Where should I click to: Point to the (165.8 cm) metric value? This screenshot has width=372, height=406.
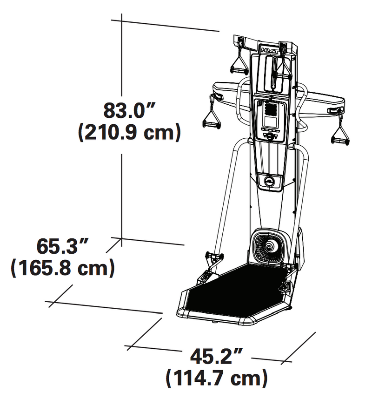pos(62,268)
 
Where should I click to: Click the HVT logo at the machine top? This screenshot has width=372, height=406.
pos(269,47)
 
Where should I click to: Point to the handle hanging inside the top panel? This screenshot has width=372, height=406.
pos(281,70)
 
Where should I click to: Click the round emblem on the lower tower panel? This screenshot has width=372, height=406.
pos(270,180)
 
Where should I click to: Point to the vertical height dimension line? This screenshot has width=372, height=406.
pos(122,186)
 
